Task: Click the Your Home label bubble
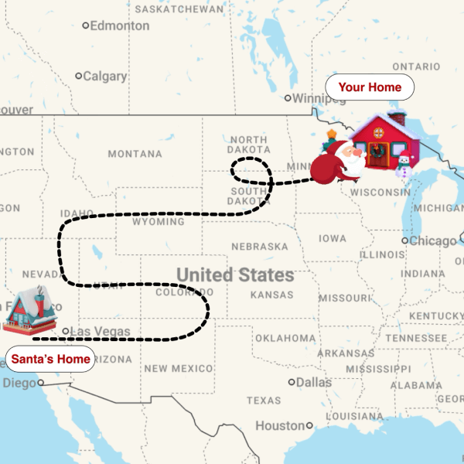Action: pos(370,87)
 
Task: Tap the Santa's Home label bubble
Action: pos(51,359)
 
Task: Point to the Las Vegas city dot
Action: pos(67,331)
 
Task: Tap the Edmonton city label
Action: pos(119,26)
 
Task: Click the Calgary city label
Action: pos(104,76)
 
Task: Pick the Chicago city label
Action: pos(432,241)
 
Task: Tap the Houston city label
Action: pos(280,425)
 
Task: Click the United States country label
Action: pos(235,275)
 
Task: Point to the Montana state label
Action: pos(135,154)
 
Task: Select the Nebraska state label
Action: pos(259,246)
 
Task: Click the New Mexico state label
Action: pos(178,368)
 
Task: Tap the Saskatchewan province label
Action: pos(175,9)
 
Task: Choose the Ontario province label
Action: pos(416,67)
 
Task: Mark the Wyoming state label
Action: pos(159,221)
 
